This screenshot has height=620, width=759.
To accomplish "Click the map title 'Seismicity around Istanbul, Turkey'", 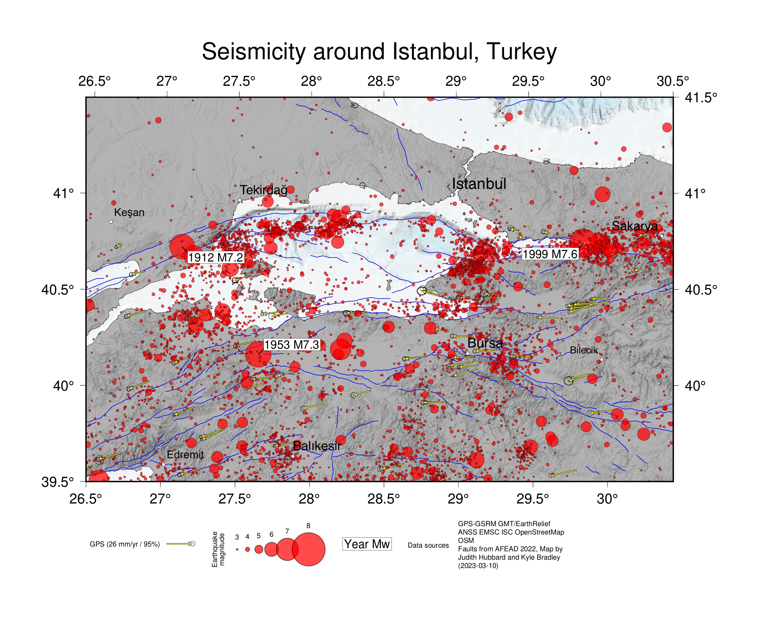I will [379, 51].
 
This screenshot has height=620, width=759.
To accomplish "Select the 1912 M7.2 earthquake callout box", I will [215, 257].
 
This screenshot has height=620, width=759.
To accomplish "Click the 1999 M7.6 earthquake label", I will [550, 254].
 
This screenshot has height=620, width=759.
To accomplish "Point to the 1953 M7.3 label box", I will [291, 345].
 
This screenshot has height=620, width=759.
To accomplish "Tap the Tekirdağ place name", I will [263, 190].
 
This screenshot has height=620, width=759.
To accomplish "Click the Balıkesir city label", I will [317, 446].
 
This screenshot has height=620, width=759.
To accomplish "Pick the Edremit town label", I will [185, 455].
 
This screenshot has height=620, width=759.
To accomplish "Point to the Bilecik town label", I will [583, 350].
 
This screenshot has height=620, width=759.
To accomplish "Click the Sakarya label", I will [634, 226].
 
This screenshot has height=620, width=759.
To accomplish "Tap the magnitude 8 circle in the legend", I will [308, 549].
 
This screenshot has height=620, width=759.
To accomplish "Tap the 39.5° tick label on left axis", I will [58, 482].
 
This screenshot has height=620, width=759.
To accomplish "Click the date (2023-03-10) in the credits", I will [478, 566].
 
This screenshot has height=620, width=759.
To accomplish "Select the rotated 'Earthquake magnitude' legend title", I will [218, 549].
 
